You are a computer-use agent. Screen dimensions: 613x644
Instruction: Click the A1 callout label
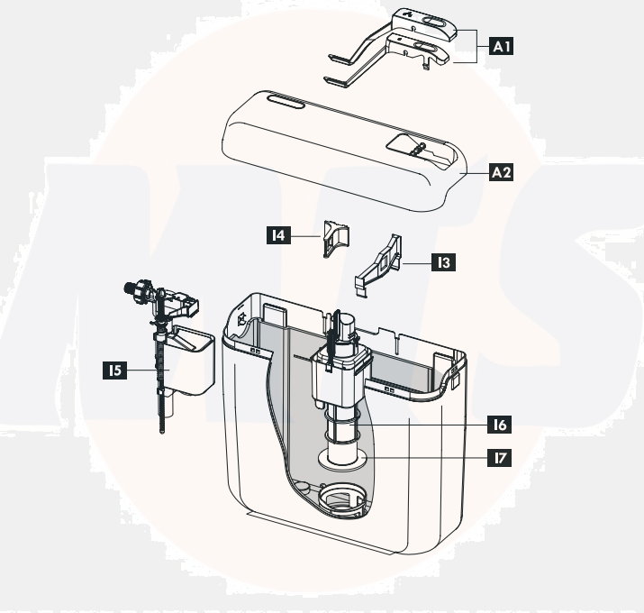pyautogui.click(x=501, y=46)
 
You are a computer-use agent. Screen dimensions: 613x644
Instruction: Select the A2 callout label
pyautogui.click(x=501, y=172)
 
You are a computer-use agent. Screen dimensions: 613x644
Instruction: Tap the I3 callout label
pyautogui.click(x=441, y=263)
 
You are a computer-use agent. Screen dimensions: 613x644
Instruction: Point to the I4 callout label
pyautogui.click(x=280, y=235)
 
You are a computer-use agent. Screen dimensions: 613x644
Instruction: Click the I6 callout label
pyautogui.click(x=497, y=424)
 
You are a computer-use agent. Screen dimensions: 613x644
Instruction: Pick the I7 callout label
pyautogui.click(x=497, y=458)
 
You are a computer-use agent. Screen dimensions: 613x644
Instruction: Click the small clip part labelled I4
pyautogui.click(x=336, y=236)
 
